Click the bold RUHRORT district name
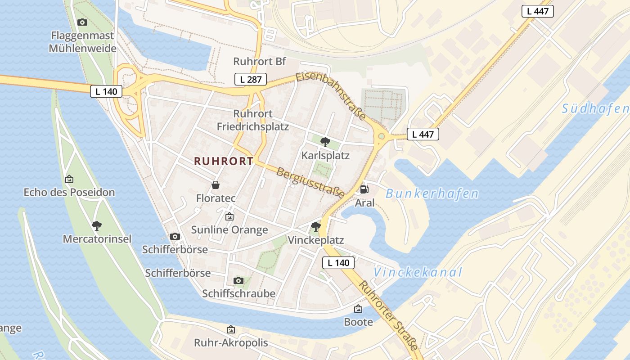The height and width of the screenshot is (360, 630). [x=224, y=162]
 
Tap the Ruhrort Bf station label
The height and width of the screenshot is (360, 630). [x=260, y=61]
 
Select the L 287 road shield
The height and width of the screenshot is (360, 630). [x=251, y=80]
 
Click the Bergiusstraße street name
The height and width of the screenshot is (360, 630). [x=310, y=183]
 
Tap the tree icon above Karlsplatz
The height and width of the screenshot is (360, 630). [x=324, y=142]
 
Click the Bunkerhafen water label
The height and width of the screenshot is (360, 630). [x=432, y=194]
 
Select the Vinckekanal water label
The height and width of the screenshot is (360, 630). [x=418, y=272]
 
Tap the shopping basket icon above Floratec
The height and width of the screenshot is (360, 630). [x=216, y=184]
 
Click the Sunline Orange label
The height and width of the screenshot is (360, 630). [x=229, y=229]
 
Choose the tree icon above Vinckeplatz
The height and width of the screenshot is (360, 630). [x=316, y=226]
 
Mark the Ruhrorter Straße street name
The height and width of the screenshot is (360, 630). [x=388, y=315]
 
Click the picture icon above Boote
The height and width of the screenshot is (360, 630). [x=358, y=309]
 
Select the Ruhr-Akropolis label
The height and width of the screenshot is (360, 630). [x=231, y=342]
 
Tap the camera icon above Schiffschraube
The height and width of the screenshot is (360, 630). [x=238, y=280]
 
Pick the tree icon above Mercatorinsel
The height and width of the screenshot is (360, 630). [x=97, y=225]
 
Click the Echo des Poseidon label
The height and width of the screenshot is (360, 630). [x=69, y=192]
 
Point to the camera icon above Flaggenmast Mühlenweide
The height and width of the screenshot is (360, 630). [x=82, y=22]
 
